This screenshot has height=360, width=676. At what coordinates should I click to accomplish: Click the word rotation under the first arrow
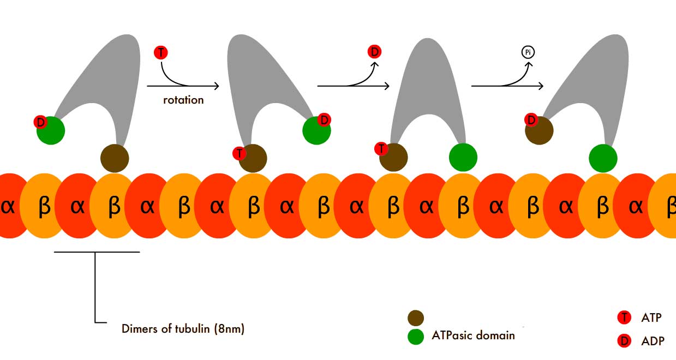pyautogui.click(x=183, y=100)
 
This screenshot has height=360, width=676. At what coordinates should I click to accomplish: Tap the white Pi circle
pyautogui.click(x=527, y=53)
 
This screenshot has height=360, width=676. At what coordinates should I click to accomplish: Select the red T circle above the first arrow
pyautogui.click(x=161, y=53)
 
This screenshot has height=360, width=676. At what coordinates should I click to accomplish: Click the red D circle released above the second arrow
pyautogui.click(x=374, y=52)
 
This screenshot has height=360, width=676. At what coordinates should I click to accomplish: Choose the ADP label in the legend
pyautogui.click(x=653, y=341)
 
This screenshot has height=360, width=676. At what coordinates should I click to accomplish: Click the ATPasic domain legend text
pyautogui.click(x=473, y=335)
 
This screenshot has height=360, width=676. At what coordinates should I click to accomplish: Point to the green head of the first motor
pyautogui.click(x=51, y=130)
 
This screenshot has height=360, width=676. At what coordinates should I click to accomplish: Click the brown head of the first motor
pyautogui.click(x=115, y=158)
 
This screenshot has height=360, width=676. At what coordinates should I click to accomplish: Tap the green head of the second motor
pyautogui.click(x=316, y=131)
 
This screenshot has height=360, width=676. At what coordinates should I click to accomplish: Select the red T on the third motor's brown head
pyautogui.click(x=381, y=148)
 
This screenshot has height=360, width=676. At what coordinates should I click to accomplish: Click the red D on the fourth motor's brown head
pyautogui.click(x=531, y=119)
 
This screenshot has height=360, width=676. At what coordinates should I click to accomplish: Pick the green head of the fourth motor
pyautogui.click(x=603, y=158)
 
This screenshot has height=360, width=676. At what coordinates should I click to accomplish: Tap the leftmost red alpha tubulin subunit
pyautogui.click(x=9, y=206)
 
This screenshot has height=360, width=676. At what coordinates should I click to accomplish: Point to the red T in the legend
pyautogui.click(x=624, y=317)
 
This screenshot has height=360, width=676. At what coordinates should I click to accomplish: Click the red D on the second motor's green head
pyautogui.click(x=324, y=119)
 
